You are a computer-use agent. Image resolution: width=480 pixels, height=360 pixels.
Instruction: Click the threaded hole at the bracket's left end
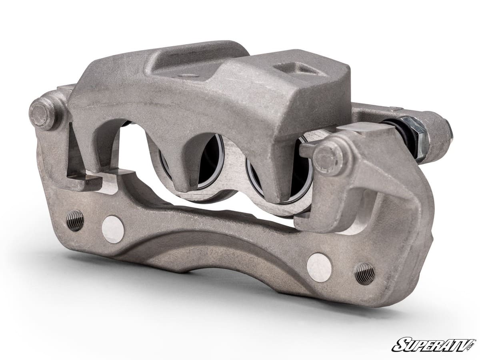tap(75, 220)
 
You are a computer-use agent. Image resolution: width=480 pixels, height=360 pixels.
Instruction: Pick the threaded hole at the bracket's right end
tap(364, 274)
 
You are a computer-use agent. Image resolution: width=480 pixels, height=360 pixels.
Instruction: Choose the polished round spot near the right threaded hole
tap(319, 266)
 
